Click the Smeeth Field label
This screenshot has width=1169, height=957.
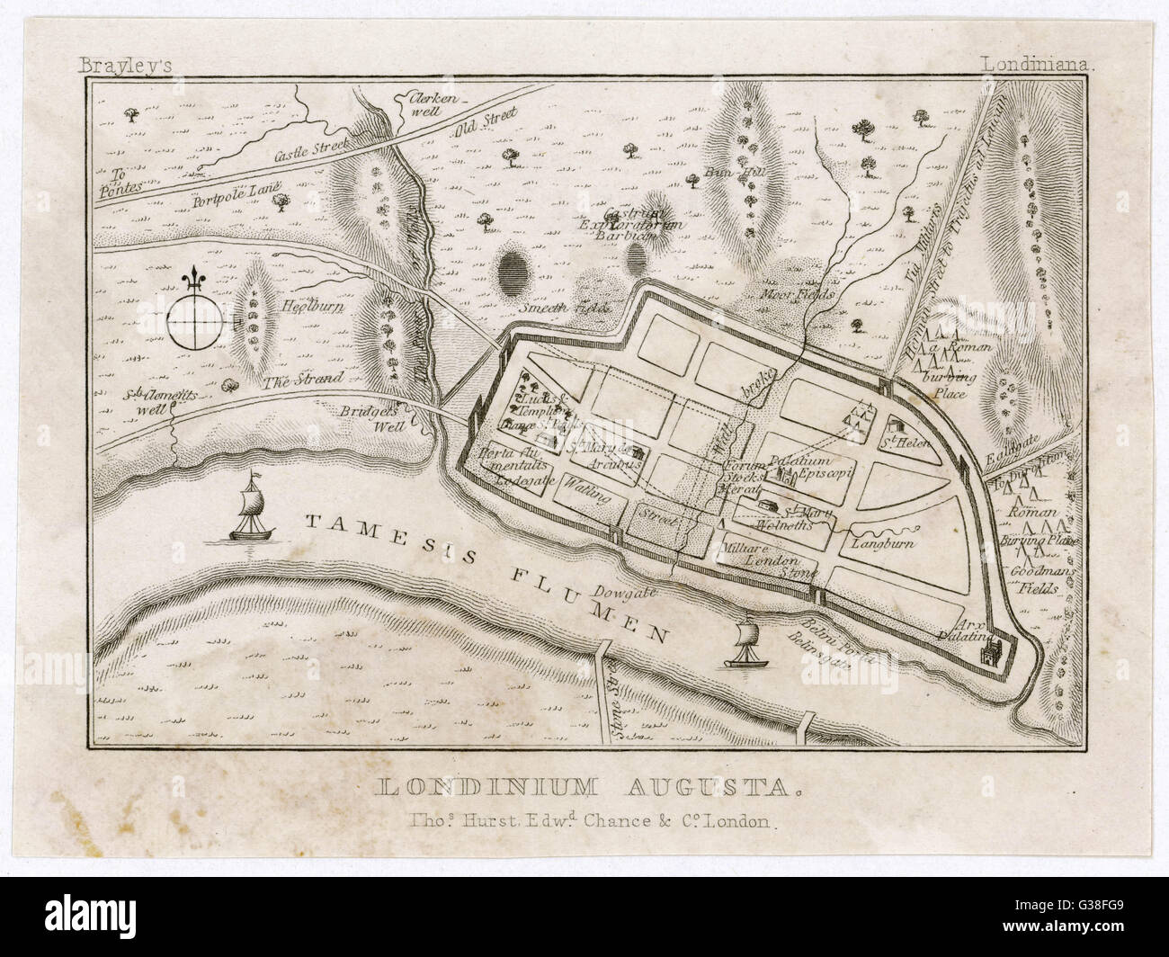point(565,309)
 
